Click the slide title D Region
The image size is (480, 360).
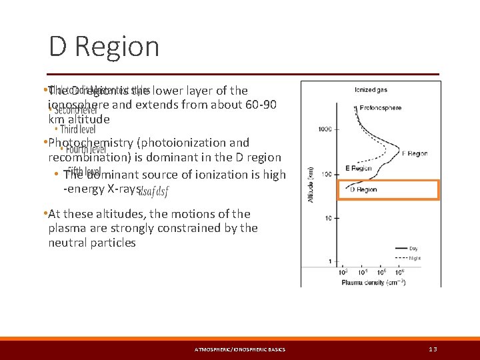click(104, 47)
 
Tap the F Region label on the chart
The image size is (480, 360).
click(414, 153)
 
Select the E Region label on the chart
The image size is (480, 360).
click(358, 169)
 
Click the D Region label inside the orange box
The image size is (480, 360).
click(363, 189)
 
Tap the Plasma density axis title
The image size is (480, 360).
click(373, 282)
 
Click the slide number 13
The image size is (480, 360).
click(433, 349)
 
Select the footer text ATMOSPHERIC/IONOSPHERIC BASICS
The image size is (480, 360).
click(240, 349)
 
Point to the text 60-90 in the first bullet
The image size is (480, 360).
click(263, 105)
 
